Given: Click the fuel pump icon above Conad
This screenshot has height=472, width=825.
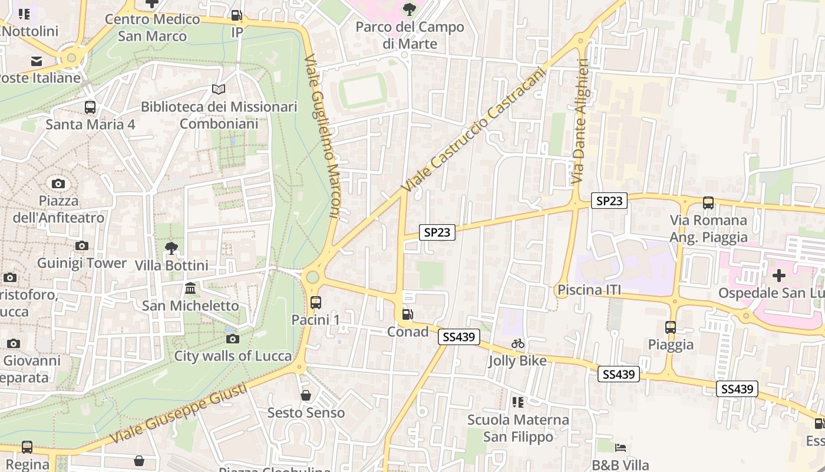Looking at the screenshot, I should click(407, 314).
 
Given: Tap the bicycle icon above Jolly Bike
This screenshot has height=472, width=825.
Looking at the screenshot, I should click(518, 343).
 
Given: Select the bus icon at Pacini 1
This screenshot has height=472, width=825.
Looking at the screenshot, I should click(316, 303).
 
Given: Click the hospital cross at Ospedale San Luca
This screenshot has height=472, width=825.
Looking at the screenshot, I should click(779, 276).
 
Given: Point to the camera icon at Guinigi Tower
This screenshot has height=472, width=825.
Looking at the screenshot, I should click(82, 245).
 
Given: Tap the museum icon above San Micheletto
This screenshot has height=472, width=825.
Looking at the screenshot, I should click(190, 289).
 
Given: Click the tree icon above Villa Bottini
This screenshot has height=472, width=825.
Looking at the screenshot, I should click(171, 248).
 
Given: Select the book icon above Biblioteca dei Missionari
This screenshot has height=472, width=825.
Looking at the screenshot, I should click(219, 90).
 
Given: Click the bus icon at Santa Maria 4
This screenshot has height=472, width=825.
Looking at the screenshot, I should click(90, 107).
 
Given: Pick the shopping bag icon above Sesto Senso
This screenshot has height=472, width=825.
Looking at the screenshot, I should click(306, 395).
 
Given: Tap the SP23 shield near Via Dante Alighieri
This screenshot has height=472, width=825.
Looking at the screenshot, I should click(609, 201).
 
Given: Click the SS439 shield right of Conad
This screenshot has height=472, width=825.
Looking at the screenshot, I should click(459, 337).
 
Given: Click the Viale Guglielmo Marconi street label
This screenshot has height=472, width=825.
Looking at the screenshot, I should click(323, 137).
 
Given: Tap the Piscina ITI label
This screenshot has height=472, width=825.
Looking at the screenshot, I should click(589, 290).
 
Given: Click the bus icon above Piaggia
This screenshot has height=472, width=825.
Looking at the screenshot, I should click(671, 327).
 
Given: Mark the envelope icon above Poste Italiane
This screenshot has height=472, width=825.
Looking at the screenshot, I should click(37, 61).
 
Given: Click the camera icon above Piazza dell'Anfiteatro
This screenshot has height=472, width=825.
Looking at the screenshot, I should click(58, 183).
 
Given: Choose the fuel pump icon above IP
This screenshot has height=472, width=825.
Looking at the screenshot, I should click(236, 15).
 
